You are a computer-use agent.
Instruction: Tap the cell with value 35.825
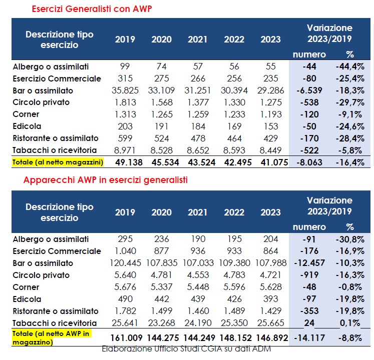(x=125, y=90)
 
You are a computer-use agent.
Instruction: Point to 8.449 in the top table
(x=270, y=150)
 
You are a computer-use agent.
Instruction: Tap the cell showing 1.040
(x=125, y=251)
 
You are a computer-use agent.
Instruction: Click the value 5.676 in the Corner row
(x=125, y=287)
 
